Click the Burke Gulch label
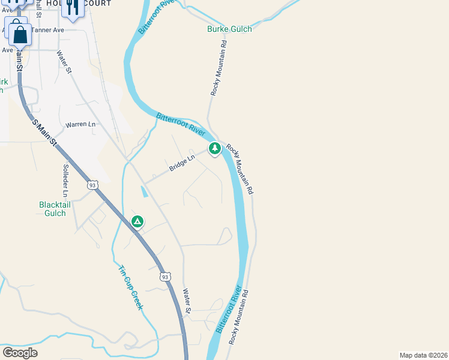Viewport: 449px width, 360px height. click(229, 29)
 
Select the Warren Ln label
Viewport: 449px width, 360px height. click(80, 124)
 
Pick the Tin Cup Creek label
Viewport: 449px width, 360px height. click(130, 288)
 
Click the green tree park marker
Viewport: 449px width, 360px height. click(214, 148)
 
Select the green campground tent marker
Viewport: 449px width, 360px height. click(137, 222)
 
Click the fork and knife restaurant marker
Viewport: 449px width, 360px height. click(73, 8)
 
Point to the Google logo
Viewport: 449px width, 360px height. click(20, 353)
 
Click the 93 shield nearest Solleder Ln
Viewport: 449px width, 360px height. click(92, 185)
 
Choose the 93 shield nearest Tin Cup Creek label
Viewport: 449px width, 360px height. click(165, 277)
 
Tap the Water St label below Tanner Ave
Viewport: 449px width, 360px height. click(64, 62)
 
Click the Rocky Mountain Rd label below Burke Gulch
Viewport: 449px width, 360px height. click(220, 68)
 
